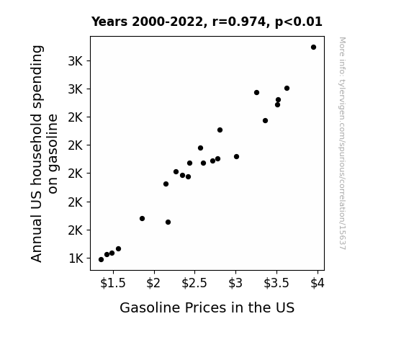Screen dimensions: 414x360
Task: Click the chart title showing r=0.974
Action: (x=207, y=22)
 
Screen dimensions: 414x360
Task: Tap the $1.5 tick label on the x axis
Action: (x=113, y=283)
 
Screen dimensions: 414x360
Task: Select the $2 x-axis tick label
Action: (x=153, y=283)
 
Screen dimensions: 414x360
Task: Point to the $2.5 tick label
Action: (x=194, y=283)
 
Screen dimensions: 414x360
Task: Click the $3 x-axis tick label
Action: (x=235, y=283)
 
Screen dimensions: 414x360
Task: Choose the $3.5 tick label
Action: (x=276, y=283)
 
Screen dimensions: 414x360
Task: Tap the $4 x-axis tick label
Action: (x=318, y=283)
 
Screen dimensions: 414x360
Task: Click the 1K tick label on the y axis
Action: (x=76, y=258)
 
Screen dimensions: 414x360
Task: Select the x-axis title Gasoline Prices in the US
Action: (x=207, y=307)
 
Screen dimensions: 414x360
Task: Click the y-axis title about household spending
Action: (x=44, y=153)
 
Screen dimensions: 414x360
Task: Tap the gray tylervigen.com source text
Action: (x=342, y=143)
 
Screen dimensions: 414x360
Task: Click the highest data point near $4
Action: (x=313, y=48)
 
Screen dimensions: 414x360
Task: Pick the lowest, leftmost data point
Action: (x=101, y=260)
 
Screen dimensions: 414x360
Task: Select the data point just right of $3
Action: (x=236, y=157)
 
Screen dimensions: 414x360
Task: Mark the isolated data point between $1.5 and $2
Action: (x=142, y=218)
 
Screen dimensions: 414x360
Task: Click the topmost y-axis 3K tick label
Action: (x=76, y=61)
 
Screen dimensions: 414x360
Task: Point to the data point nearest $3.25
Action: (x=256, y=92)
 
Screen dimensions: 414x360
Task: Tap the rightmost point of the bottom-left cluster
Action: (x=118, y=249)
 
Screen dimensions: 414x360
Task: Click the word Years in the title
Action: (x=109, y=22)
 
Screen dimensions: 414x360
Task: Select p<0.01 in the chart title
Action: (x=299, y=22)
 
